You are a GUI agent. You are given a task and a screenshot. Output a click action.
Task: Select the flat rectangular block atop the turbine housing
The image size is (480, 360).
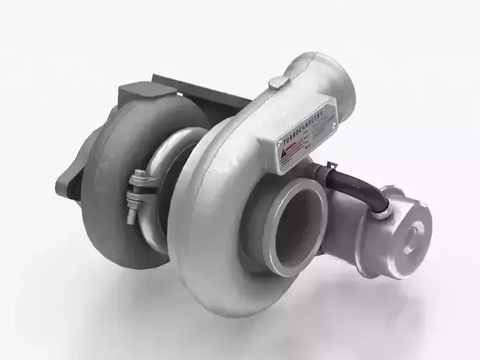point(148,94)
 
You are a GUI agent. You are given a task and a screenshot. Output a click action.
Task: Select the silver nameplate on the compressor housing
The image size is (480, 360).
point(308,137)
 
